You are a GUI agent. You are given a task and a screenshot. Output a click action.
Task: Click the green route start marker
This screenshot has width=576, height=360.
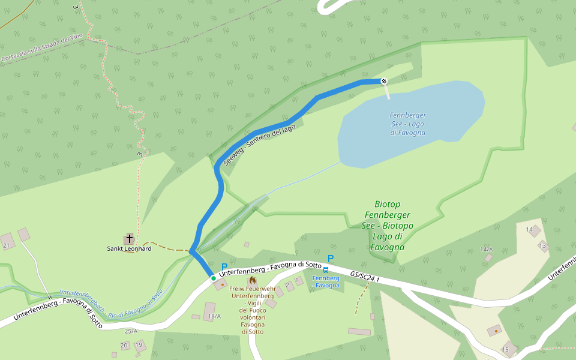tap(213, 278)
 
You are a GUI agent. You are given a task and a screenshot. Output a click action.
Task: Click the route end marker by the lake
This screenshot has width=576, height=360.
tap(384, 81)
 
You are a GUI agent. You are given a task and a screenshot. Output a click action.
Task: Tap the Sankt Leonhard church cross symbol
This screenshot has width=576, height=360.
tap(130, 238)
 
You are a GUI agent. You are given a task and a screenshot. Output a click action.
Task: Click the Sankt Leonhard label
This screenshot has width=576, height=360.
tap(129, 248)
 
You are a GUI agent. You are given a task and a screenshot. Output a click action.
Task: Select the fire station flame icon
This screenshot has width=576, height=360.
tap(253, 280)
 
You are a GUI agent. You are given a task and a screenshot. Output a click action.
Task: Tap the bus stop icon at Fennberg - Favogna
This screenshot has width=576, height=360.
tap(326, 270)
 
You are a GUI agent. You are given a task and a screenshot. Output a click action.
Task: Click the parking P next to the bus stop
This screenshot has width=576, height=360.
tap(330, 259)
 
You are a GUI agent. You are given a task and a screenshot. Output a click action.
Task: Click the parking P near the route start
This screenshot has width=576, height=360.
tap(224, 267)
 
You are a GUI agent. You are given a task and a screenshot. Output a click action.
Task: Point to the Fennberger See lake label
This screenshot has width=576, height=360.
tap(407, 124)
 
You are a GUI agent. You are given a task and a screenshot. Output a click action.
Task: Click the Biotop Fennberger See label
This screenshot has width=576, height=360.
tap(388, 226)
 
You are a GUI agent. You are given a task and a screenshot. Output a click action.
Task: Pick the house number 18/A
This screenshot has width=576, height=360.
tap(214, 316)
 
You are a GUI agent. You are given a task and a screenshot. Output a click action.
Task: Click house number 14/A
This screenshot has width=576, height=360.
tap(486, 249)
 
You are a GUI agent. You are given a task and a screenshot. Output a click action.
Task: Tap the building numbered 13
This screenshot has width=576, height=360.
tap(543, 245)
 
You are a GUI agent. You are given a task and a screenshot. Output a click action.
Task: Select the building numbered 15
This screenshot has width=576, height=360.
tap(509, 348)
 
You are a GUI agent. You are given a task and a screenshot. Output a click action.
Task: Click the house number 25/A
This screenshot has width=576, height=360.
tap(131, 331)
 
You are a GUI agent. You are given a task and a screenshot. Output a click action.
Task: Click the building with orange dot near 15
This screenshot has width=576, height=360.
tap(494, 330)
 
